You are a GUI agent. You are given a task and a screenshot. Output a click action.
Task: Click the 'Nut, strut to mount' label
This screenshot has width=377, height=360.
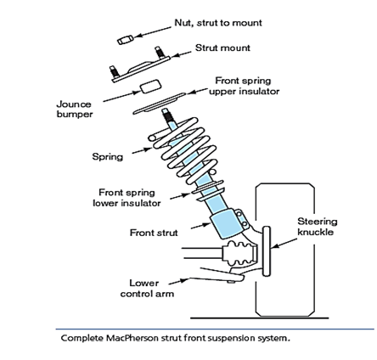click(218, 23)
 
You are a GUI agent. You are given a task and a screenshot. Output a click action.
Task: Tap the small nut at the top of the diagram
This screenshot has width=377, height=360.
click(125, 40)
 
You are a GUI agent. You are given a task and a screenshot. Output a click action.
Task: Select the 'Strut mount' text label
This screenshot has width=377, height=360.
click(222, 48)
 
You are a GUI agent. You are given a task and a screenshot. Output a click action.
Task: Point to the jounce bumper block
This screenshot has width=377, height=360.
click(151, 87)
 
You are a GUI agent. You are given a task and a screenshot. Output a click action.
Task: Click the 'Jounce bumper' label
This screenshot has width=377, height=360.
click(75, 109)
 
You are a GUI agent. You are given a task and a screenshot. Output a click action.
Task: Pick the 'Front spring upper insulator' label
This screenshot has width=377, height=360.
click(244, 86)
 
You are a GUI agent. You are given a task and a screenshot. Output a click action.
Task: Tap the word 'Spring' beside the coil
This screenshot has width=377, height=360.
click(108, 157)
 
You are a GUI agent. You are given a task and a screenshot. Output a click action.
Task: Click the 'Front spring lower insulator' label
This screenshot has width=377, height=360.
click(127, 198)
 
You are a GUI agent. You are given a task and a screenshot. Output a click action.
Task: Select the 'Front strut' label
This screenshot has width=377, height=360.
click(154, 233)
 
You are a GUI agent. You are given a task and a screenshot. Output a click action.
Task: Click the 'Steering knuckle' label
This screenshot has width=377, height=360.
click(318, 227)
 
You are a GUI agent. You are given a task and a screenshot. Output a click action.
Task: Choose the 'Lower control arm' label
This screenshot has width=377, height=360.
click(147, 289)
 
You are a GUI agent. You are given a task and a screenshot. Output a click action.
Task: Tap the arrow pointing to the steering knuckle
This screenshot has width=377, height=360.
click(284, 244)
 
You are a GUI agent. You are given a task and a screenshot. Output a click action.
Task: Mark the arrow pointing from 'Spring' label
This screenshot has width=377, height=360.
click(142, 151)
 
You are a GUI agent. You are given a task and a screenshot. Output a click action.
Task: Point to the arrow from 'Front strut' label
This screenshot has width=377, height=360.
click(201, 226)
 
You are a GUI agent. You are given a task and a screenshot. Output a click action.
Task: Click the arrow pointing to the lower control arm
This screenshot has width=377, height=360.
click(179, 281)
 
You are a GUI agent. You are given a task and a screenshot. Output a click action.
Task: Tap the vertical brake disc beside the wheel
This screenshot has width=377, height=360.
click(267, 251)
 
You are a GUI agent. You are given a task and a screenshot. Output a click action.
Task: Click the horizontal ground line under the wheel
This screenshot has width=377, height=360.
click(260, 318)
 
